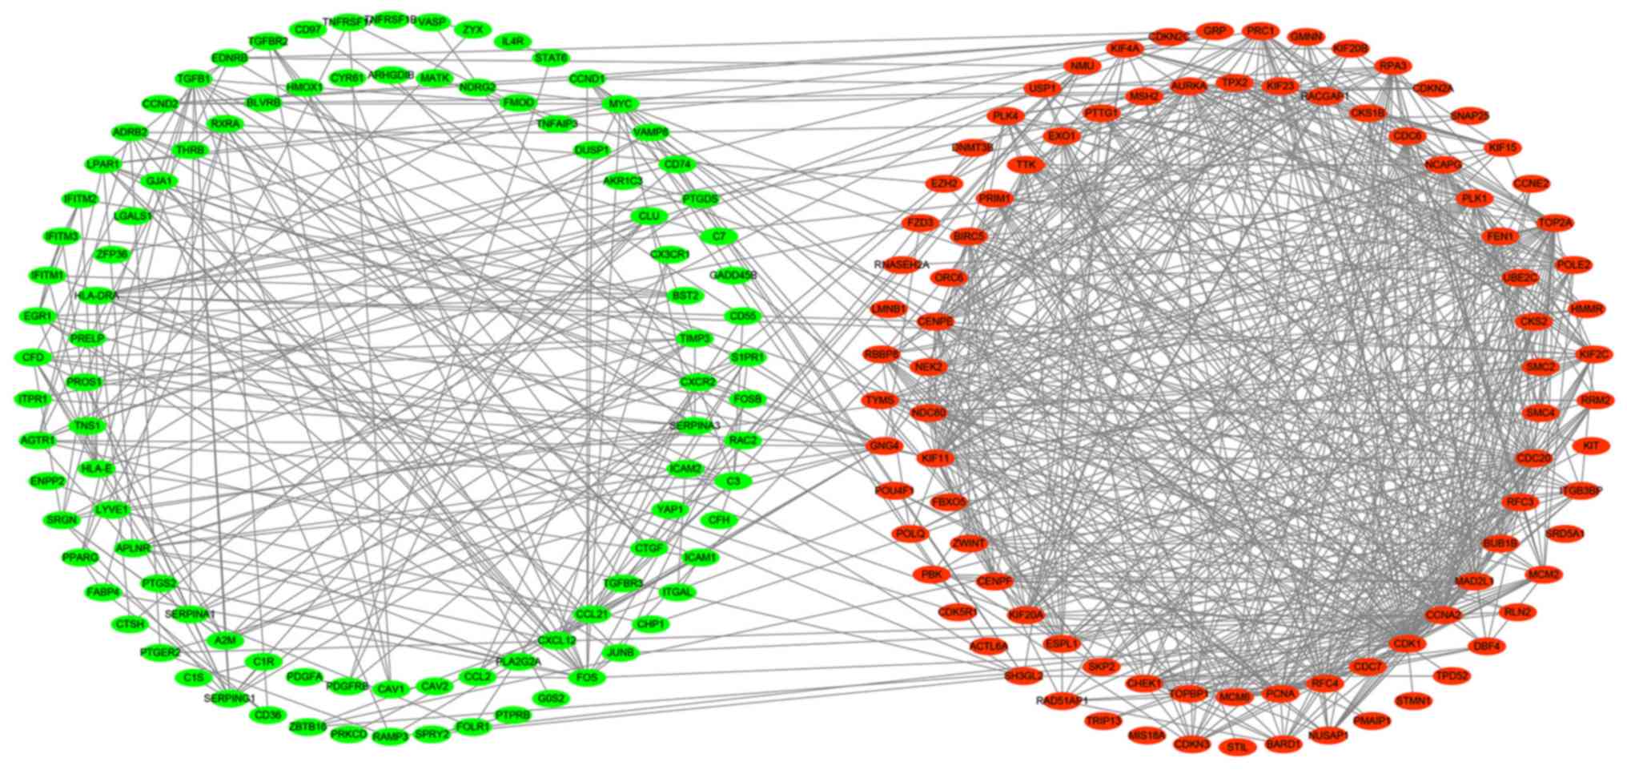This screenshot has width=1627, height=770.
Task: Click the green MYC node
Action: (x=620, y=104)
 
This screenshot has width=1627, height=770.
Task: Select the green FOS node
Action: (x=587, y=677)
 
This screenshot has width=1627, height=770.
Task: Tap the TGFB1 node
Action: (x=194, y=79)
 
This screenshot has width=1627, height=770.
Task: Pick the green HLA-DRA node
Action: (x=97, y=296)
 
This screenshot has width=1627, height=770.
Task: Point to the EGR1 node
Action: (x=38, y=316)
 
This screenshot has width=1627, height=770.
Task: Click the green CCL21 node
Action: (x=592, y=615)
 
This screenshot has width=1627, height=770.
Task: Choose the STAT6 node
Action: (x=551, y=58)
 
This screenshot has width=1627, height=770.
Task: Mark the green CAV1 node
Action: (x=392, y=688)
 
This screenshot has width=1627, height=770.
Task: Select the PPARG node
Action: (x=80, y=557)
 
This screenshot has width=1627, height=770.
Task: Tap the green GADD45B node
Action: (x=733, y=276)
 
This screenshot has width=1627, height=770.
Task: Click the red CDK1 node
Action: (x=1407, y=644)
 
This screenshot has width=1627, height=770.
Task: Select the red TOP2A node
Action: (x=1555, y=223)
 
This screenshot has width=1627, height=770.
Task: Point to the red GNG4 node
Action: (x=885, y=446)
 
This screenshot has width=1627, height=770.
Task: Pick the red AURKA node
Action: (x=1188, y=87)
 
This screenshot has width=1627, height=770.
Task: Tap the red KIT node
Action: (x=1591, y=445)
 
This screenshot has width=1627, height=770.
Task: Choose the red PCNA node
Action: (x=1280, y=693)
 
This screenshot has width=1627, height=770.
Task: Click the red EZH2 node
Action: (x=945, y=183)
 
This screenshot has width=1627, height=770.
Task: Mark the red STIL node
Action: (x=1237, y=748)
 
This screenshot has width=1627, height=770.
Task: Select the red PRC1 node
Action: (x=1260, y=31)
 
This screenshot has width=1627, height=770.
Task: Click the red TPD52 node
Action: (x=1452, y=676)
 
